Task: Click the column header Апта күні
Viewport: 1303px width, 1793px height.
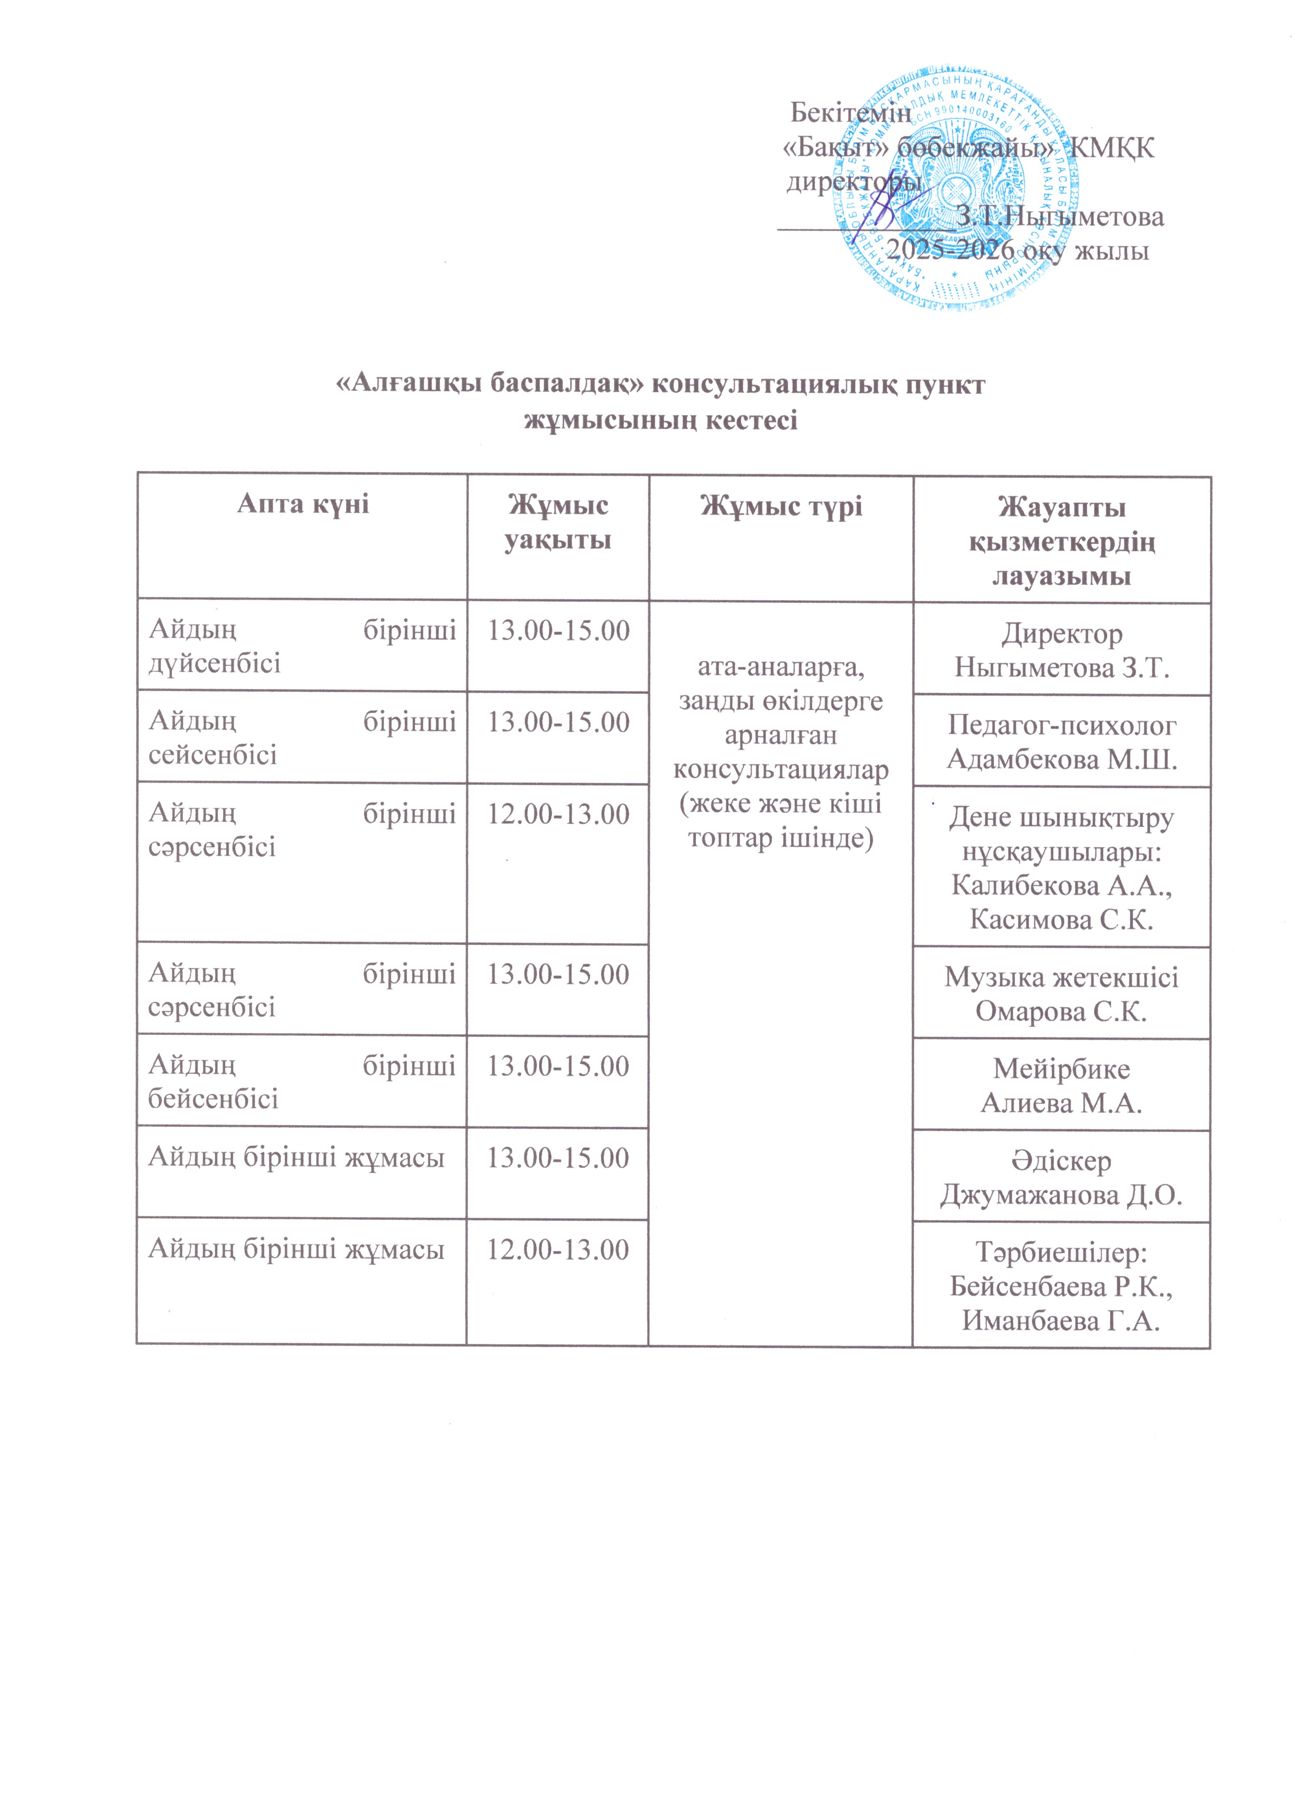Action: pyautogui.click(x=303, y=504)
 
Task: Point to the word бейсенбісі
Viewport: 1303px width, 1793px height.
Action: pyautogui.click(x=213, y=1098)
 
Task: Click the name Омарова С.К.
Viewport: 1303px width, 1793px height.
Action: pyautogui.click(x=1060, y=1011)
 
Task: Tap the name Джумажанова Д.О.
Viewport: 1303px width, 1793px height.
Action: pyautogui.click(x=1060, y=1194)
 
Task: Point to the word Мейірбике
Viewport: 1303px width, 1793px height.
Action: pyautogui.click(x=1060, y=1069)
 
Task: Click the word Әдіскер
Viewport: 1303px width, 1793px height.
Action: pyautogui.click(x=1060, y=1161)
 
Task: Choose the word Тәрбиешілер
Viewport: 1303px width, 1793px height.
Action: pyautogui.click(x=1060, y=1252)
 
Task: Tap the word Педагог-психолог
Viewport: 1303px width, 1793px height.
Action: pyautogui.click(x=1060, y=725)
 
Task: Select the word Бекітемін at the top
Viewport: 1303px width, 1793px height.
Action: pyautogui.click(x=851, y=113)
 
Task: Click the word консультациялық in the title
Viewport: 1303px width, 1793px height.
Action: pyautogui.click(x=778, y=385)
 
